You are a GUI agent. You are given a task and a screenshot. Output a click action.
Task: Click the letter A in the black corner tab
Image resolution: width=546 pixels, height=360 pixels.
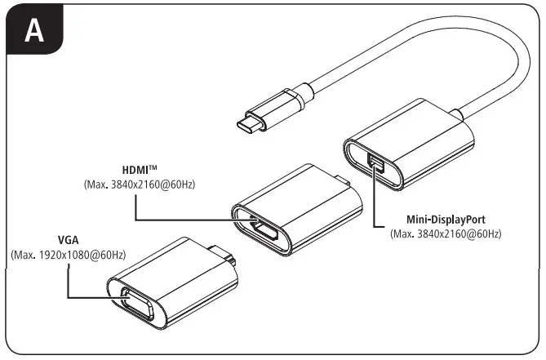pos(33,30)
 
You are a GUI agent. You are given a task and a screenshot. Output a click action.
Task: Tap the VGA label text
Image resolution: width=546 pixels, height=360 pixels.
pos(69,241)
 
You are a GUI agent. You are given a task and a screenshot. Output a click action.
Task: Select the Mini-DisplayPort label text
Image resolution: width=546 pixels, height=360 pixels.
pos(446,220)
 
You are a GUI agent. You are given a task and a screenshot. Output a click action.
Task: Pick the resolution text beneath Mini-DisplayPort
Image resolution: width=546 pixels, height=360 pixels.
pos(446,234)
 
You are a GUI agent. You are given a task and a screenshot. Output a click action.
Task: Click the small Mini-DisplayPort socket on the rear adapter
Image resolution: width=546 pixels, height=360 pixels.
pos(375,165)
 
